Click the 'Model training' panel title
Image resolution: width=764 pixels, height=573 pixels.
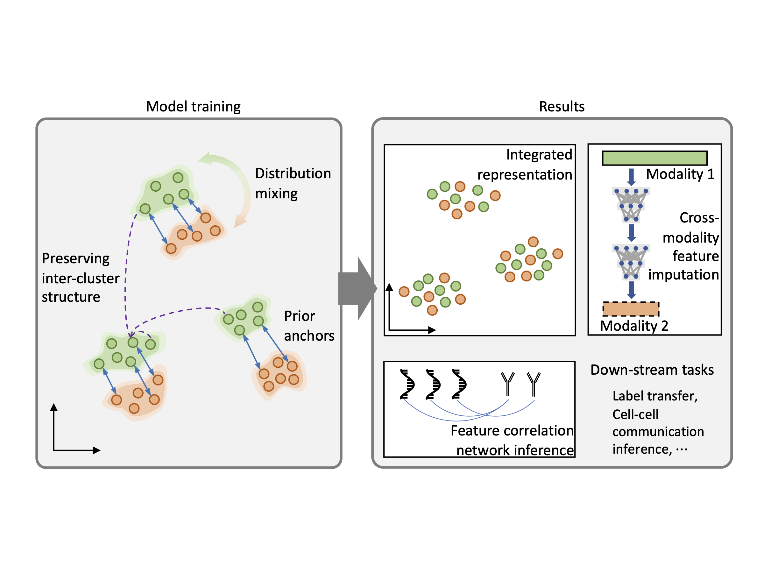click(x=193, y=106)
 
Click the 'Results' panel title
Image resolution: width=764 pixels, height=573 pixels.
click(x=562, y=106)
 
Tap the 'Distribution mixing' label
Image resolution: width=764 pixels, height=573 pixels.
click(x=293, y=183)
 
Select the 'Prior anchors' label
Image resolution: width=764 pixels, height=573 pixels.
click(x=309, y=326)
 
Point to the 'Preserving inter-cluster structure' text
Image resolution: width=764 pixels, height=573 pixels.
click(x=80, y=278)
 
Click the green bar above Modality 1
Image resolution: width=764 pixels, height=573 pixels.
click(x=654, y=158)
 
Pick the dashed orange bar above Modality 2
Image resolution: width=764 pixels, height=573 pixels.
click(x=631, y=309)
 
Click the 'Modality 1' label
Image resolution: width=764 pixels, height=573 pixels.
click(x=680, y=174)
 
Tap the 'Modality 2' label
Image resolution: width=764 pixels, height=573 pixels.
click(x=634, y=326)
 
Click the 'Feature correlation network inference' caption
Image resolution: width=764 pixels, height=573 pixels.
click(x=512, y=440)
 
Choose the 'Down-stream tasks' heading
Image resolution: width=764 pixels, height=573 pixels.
click(x=652, y=370)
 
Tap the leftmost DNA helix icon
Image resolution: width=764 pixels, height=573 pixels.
click(x=407, y=384)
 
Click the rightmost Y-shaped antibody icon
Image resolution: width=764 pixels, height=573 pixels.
click(x=533, y=383)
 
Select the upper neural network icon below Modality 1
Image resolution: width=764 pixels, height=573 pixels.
click(x=631, y=205)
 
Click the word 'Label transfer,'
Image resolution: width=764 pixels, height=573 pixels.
click(x=655, y=396)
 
